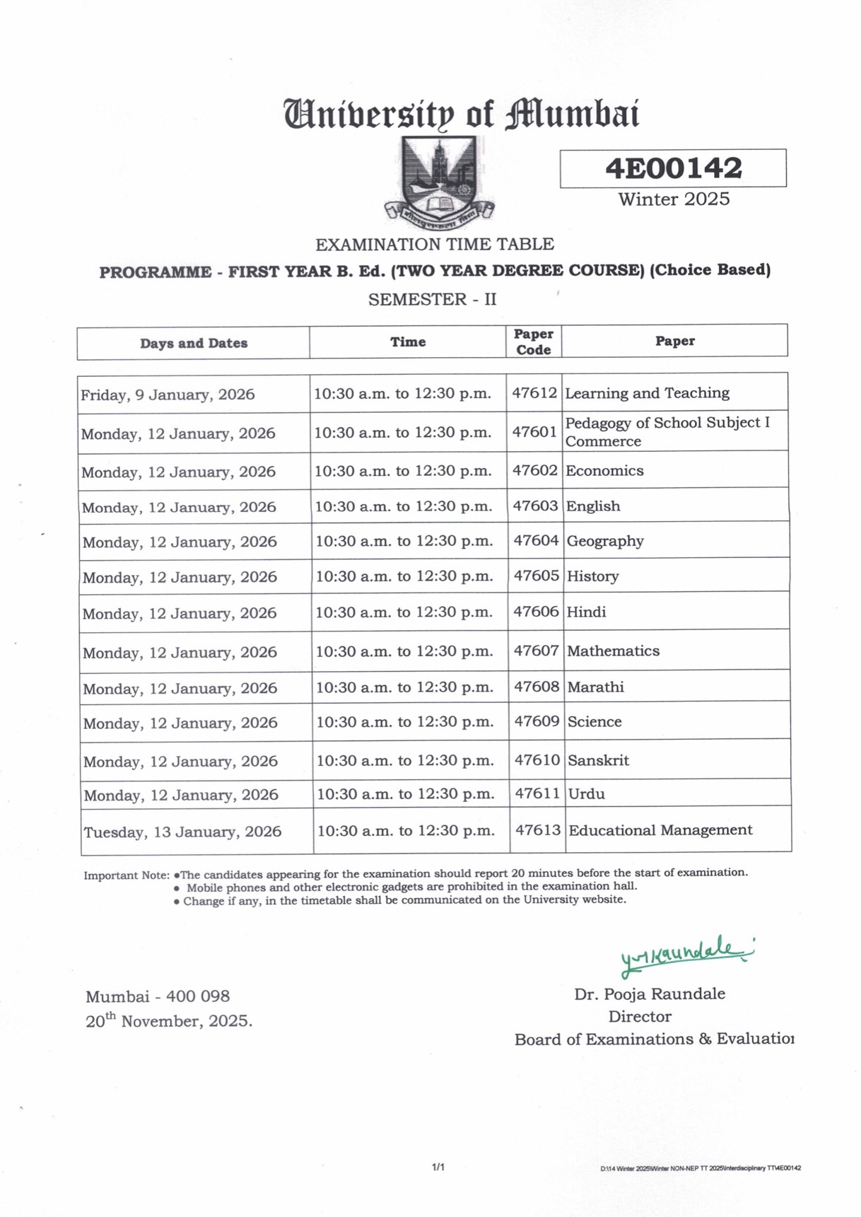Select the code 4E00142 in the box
(x=673, y=168)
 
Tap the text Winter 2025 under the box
(x=674, y=199)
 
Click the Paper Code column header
(x=534, y=342)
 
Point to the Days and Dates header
(x=194, y=344)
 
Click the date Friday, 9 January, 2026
(x=168, y=395)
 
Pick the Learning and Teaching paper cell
(x=647, y=393)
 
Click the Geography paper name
(x=605, y=541)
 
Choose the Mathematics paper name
(x=613, y=651)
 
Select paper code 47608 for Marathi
(x=537, y=687)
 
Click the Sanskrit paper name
(x=598, y=760)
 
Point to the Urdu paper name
(x=587, y=794)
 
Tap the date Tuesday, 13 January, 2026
(x=182, y=832)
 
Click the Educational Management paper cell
(x=660, y=830)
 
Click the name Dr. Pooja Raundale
(x=650, y=994)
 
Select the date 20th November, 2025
(x=169, y=1021)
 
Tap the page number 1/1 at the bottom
(x=438, y=1167)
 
